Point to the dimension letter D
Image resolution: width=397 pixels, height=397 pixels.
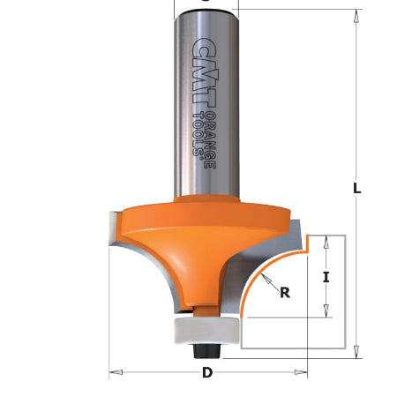click(207, 372)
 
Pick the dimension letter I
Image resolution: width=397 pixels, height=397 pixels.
click(326, 277)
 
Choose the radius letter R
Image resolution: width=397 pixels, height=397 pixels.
click(285, 294)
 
